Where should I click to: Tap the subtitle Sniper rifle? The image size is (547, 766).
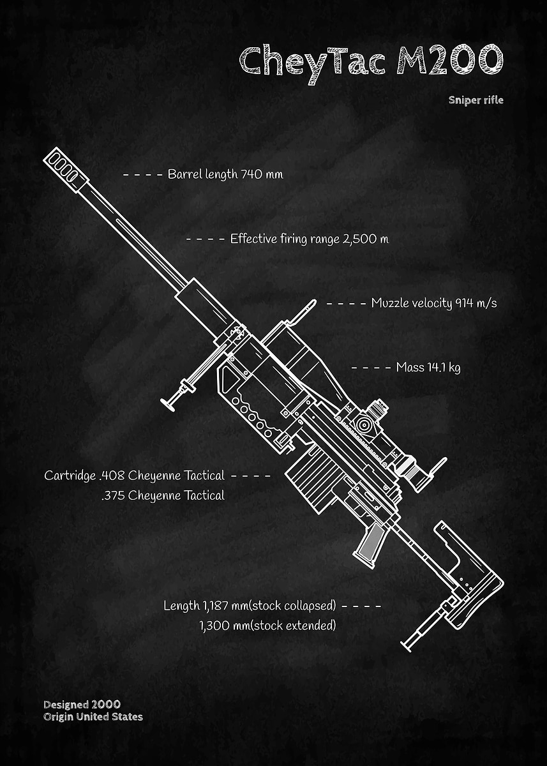click(476, 100)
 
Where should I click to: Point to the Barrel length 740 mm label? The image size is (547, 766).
click(225, 174)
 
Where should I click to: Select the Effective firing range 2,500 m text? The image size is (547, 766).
click(309, 239)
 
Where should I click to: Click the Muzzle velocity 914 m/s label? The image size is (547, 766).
click(433, 303)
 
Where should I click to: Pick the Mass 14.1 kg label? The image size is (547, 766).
click(428, 367)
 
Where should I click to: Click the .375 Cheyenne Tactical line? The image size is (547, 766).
click(162, 495)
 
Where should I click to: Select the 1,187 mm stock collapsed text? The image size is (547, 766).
click(250, 605)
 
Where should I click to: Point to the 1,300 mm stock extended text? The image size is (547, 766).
click(267, 625)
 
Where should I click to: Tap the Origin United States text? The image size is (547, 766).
click(93, 717)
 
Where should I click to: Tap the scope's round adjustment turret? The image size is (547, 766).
click(364, 424)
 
